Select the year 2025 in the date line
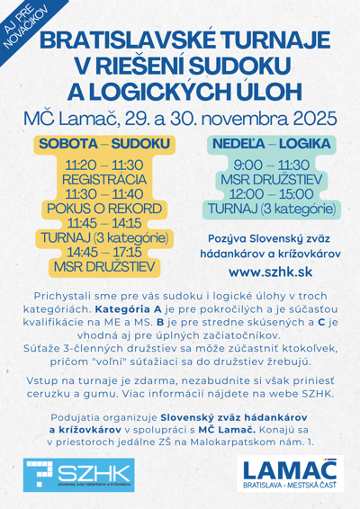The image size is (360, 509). pos(285,119)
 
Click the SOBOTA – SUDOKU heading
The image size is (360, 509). pos(103,144)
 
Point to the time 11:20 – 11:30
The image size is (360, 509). pos(103,165)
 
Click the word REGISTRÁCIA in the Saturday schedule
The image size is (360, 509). pos(103,180)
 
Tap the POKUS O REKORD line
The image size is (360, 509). pos(103,209)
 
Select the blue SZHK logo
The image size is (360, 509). pos(79,474)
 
